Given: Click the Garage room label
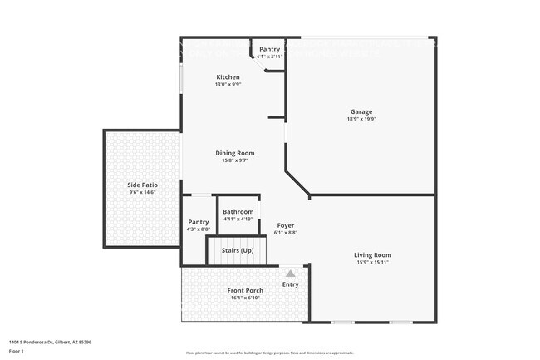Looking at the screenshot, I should click(x=361, y=111).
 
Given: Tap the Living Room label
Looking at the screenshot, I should click(x=372, y=254).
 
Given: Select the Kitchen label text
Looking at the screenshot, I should click(x=228, y=77).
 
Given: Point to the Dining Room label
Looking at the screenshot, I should click(x=235, y=153).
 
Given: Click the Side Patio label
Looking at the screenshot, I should click(x=143, y=185).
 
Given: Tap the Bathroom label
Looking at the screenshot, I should click(x=238, y=212).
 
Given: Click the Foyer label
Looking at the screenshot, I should click(x=285, y=225).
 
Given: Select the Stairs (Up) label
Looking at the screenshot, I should click(x=238, y=249).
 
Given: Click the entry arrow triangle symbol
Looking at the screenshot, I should click(x=290, y=273).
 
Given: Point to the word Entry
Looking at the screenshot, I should click(x=290, y=284).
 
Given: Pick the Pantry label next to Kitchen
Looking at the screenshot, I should click(x=270, y=49).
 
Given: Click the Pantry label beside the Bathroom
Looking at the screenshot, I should click(x=199, y=222).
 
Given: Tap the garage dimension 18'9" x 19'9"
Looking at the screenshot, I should click(x=361, y=119).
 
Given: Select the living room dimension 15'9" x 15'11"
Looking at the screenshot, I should click(x=372, y=262).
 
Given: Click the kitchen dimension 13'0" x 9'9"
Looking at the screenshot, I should click(x=228, y=85).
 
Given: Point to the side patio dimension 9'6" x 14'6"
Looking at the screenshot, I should click(x=143, y=192).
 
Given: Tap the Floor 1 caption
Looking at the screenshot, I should click(x=17, y=351).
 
